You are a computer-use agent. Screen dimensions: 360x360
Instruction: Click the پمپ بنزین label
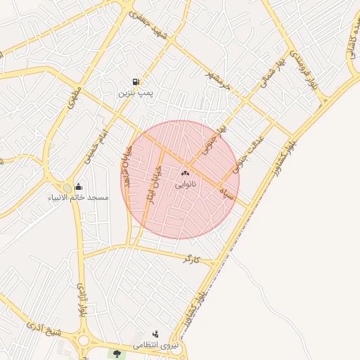coord(135,93)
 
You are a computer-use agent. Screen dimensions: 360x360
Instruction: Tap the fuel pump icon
coord(135,82)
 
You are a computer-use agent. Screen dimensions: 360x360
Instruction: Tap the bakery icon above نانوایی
coord(186,173)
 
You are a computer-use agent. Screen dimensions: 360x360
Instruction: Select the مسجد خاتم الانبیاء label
coord(78,198)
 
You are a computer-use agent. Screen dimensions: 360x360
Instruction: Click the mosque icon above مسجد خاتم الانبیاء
coord(78,187)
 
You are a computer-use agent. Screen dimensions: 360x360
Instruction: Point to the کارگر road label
coord(191,260)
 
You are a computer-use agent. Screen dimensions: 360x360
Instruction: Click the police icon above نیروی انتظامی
coord(155,334)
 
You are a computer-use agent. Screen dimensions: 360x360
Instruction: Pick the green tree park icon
coord(116,354)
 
